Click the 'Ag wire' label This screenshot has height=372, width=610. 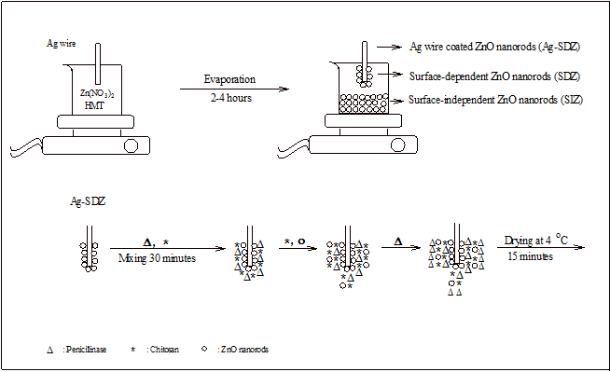[61, 43]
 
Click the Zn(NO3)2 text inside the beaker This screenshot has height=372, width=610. [97, 93]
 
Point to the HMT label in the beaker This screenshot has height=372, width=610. [94, 105]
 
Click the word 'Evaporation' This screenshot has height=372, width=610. [229, 79]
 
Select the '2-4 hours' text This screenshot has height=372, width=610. [231, 98]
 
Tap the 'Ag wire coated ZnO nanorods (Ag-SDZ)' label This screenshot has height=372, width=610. [495, 47]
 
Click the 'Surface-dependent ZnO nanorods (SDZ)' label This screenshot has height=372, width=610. [494, 76]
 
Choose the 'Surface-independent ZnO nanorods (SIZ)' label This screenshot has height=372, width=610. [495, 100]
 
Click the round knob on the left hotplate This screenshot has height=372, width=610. [131, 145]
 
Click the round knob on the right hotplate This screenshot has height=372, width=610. [397, 145]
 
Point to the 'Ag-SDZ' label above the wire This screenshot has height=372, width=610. [88, 201]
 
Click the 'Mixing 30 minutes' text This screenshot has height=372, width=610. [157, 258]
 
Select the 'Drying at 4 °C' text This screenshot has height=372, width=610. [536, 240]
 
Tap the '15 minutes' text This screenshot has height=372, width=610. [530, 256]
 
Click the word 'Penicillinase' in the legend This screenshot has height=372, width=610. [86, 350]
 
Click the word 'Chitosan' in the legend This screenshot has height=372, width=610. [164, 350]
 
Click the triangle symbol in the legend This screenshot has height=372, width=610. [49, 351]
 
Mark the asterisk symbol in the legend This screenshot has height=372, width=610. [133, 349]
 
